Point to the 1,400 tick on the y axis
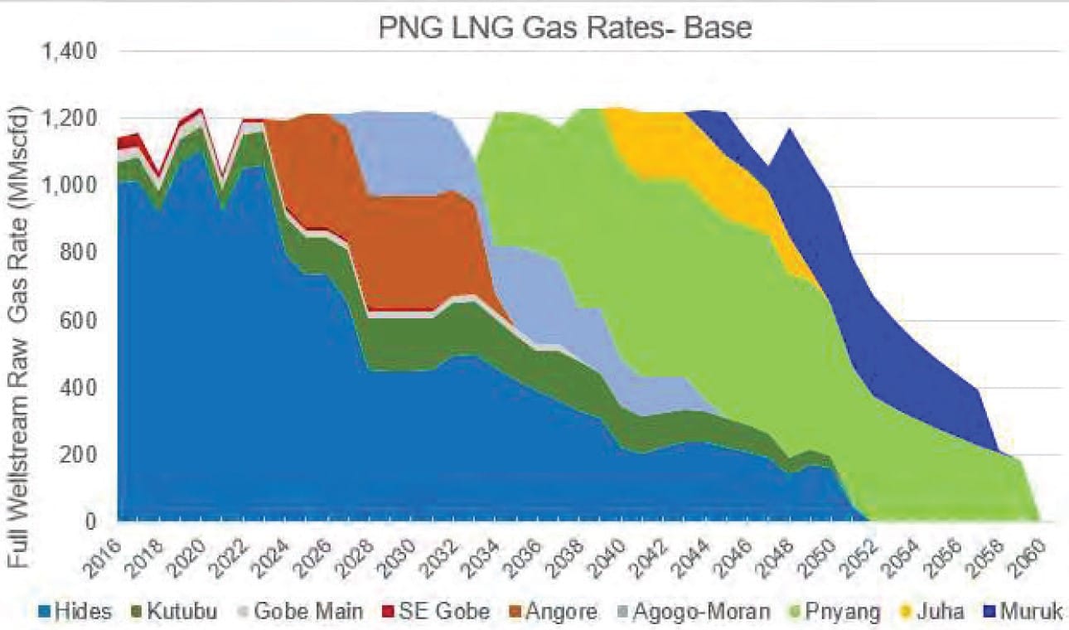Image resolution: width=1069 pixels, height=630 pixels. pyautogui.click(x=70, y=52)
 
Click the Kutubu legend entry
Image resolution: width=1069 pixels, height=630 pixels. pyautogui.click(x=175, y=613)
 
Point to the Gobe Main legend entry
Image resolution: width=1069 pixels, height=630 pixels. pyautogui.click(x=298, y=613)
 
